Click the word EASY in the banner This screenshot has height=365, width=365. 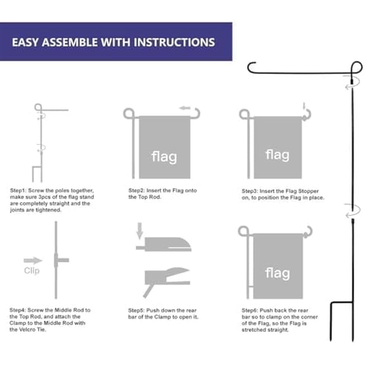(29, 43)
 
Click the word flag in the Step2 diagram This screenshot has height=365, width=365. (164, 156)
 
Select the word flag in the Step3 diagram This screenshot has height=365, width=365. (278, 155)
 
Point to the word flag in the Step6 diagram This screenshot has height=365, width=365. (278, 273)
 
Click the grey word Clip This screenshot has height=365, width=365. (32, 271)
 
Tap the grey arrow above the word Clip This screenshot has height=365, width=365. (32, 260)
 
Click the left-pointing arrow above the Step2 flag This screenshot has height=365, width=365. (185, 108)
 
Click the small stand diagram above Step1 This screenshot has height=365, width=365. (41, 143)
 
